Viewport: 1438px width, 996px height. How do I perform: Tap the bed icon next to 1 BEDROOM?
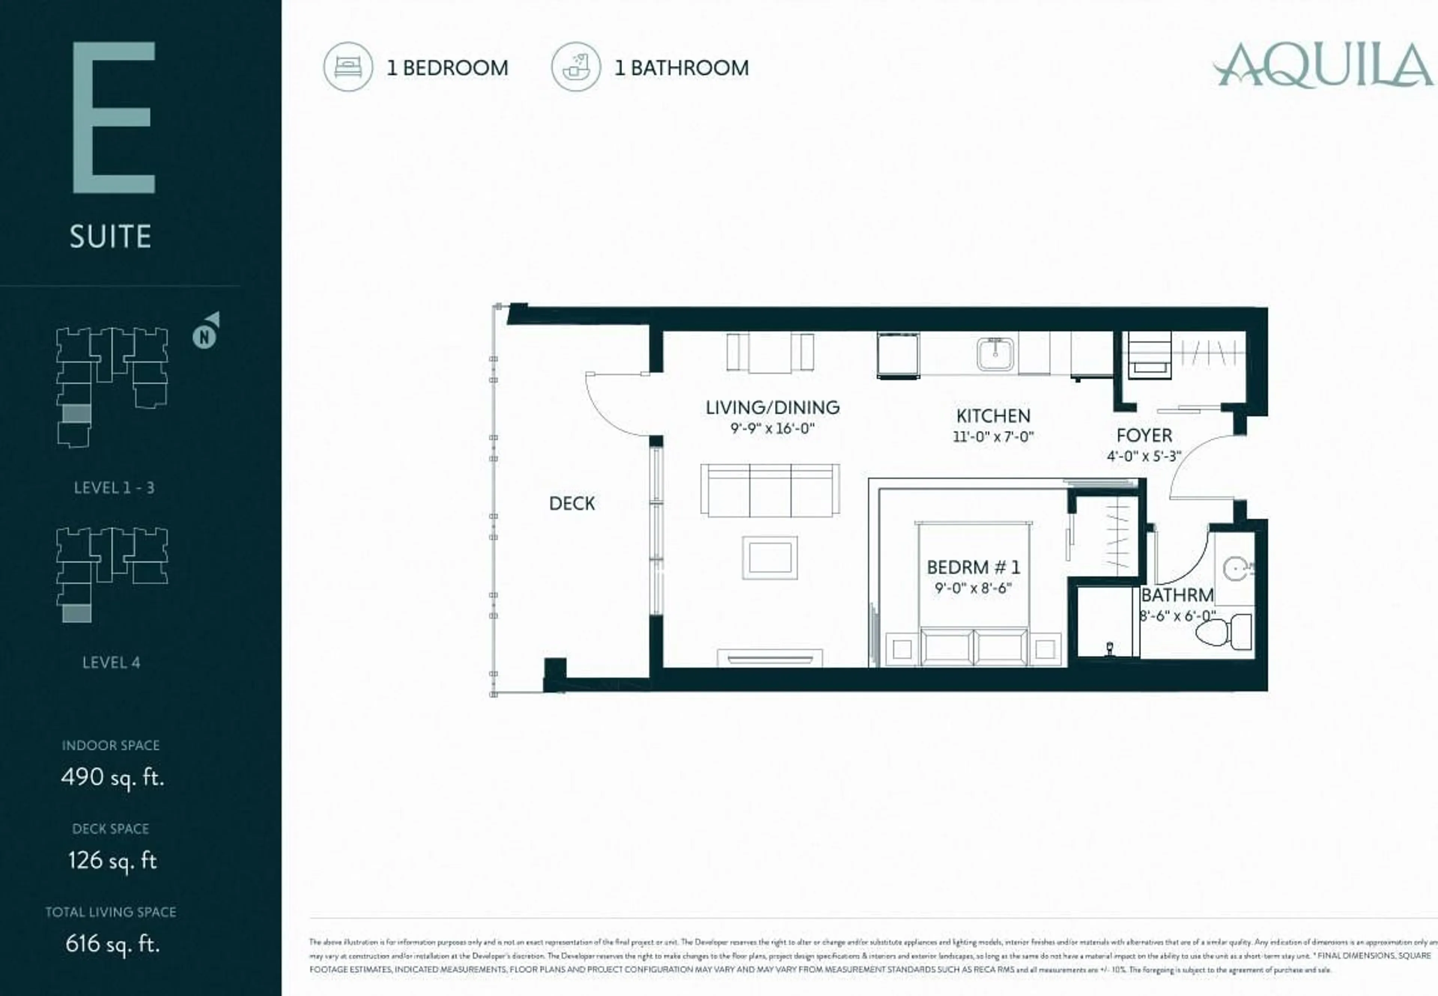pyautogui.click(x=348, y=67)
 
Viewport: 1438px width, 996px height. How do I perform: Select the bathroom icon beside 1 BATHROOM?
pyautogui.click(x=576, y=67)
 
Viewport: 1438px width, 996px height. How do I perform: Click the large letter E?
pyautogui.click(x=113, y=117)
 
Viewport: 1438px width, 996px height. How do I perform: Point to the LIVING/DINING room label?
pyautogui.click(x=773, y=408)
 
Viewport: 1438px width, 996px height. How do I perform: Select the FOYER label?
pyautogui.click(x=1144, y=436)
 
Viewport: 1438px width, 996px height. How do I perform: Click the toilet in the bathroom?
pyautogui.click(x=1224, y=631)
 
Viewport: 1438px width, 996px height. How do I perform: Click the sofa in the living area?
pyautogui.click(x=770, y=490)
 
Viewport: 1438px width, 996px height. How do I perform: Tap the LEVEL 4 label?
pyautogui.click(x=111, y=663)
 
